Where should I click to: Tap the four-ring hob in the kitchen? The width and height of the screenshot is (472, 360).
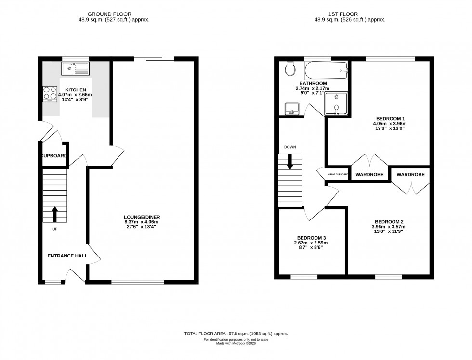pyautogui.click(x=50, y=92)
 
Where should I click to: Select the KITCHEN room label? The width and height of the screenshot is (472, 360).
pyautogui.click(x=76, y=90)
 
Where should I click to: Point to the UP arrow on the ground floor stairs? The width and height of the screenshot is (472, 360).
pyautogui.click(x=54, y=214)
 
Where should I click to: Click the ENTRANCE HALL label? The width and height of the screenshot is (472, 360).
pyautogui.click(x=67, y=256)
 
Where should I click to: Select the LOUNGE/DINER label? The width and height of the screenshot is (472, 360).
pyautogui.click(x=141, y=217)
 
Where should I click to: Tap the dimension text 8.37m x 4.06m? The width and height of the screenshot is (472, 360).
pyautogui.click(x=141, y=222)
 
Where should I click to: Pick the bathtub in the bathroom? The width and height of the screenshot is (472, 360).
pyautogui.click(x=325, y=70)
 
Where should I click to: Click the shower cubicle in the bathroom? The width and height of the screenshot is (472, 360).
pyautogui.click(x=336, y=103)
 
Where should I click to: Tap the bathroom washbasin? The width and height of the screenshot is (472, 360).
pyautogui.click(x=290, y=109)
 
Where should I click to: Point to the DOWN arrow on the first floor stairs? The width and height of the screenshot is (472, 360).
pyautogui.click(x=290, y=161)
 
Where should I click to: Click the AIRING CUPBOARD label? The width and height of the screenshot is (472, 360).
pyautogui.click(x=338, y=174)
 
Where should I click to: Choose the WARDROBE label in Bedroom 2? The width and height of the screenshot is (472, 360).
pyautogui.click(x=410, y=175)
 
